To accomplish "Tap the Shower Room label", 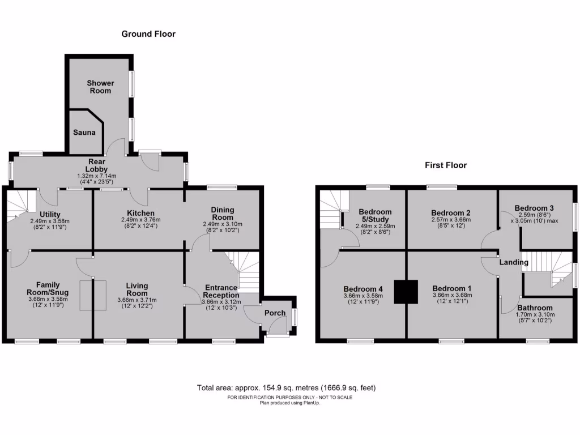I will click(100, 87).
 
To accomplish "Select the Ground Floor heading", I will click(148, 34).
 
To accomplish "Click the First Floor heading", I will click(446, 165).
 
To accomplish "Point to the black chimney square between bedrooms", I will click(406, 292).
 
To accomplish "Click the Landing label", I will click(514, 262).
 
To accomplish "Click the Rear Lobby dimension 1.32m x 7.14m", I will click(96, 176).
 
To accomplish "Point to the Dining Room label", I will click(223, 214).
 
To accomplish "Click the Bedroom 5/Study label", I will click(375, 216).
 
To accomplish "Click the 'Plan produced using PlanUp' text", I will click(289, 403).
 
